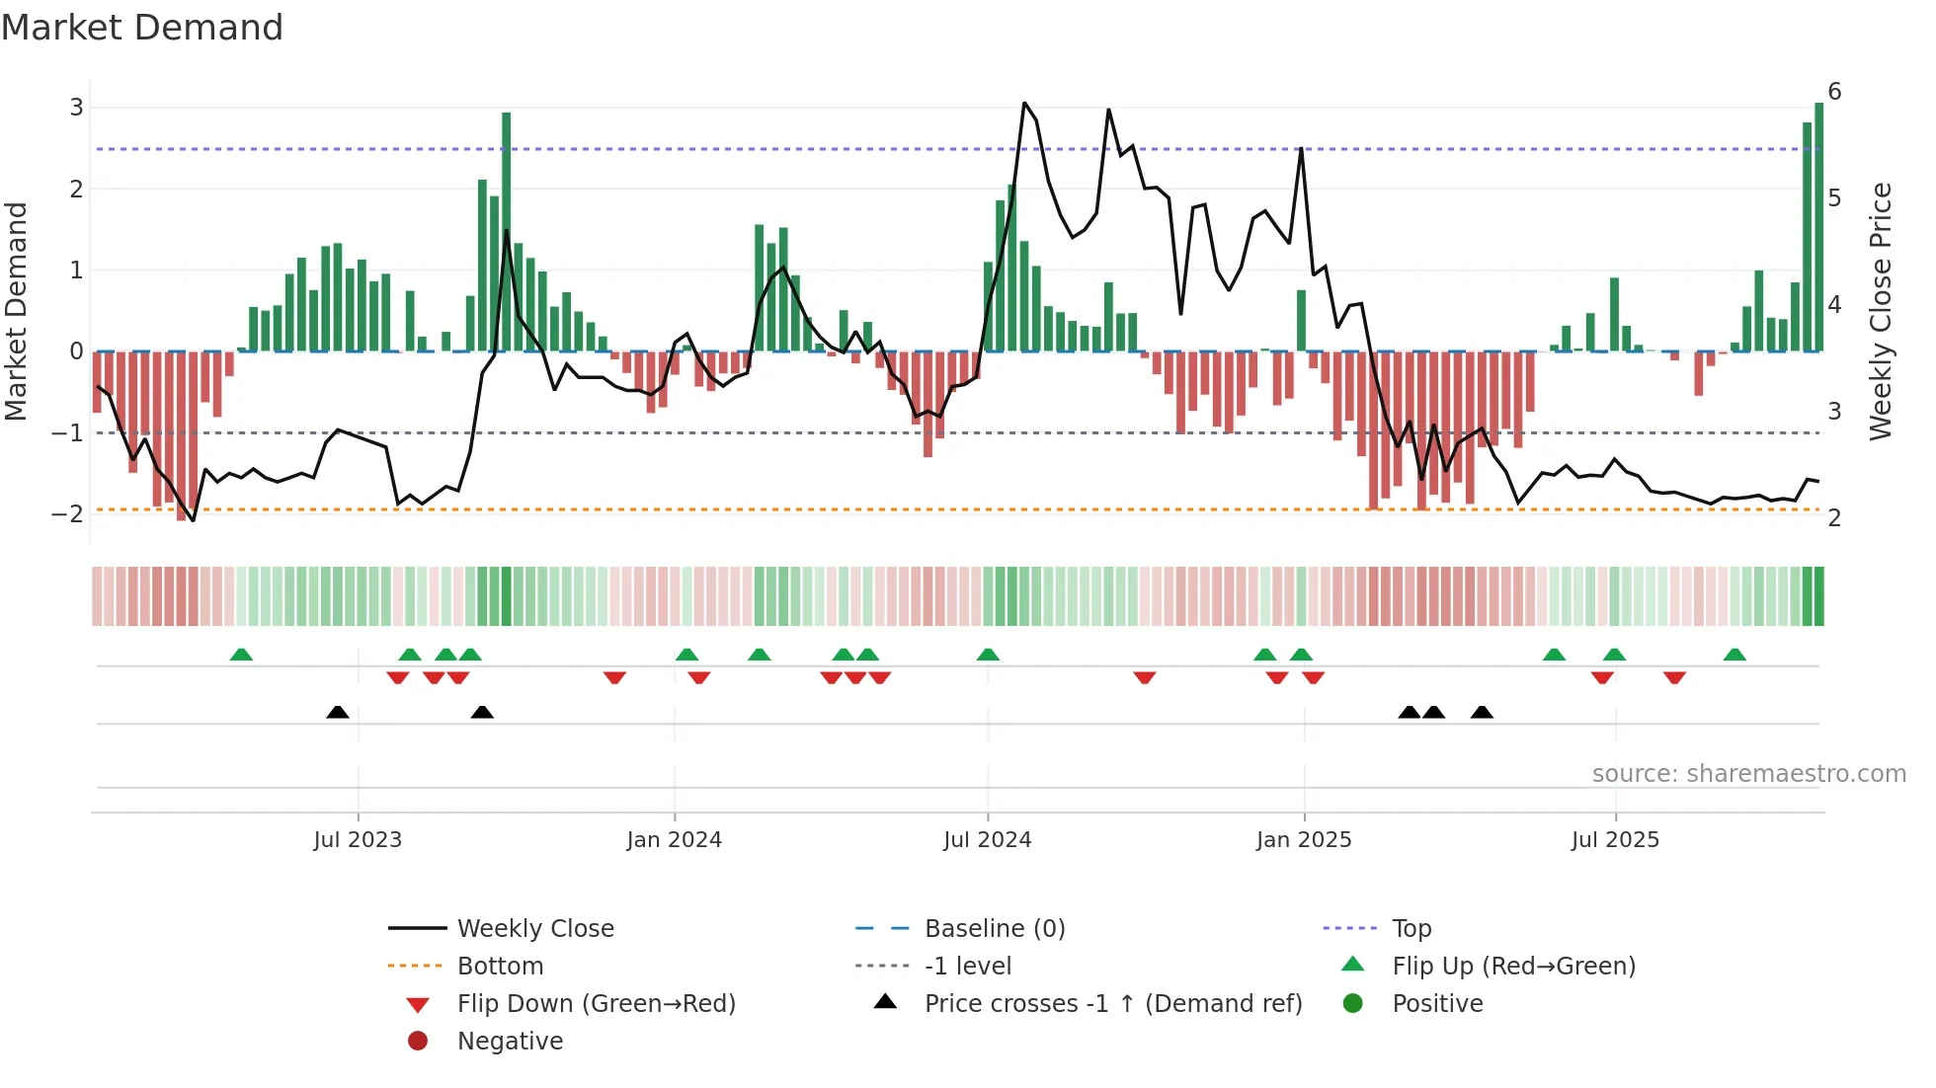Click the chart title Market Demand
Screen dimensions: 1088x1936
[x=142, y=28]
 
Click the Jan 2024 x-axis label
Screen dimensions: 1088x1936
[x=674, y=840]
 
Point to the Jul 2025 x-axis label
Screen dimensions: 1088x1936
[x=1615, y=840]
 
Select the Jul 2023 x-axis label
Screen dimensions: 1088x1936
[x=358, y=840]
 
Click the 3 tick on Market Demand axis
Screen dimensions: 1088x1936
[x=76, y=107]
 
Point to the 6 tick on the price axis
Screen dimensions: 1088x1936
[x=1834, y=92]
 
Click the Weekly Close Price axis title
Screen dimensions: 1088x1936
[x=1881, y=311]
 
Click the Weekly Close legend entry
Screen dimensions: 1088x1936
[x=534, y=929]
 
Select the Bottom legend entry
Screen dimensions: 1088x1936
[x=500, y=967]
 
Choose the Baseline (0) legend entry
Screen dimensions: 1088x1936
[x=994, y=929]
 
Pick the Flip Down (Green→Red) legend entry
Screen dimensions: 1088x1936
[x=596, y=1004]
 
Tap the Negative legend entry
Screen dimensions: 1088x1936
[x=510, y=1042]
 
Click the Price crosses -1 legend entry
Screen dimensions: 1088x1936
[x=1112, y=1004]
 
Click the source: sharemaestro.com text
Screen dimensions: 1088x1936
[x=1748, y=774]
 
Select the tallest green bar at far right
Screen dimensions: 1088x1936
[x=1818, y=227]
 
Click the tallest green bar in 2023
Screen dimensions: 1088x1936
[x=507, y=232]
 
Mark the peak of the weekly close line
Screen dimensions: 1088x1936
[x=1024, y=103]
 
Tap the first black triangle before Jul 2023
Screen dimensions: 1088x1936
[x=338, y=712]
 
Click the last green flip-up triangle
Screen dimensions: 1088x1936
[x=1734, y=655]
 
